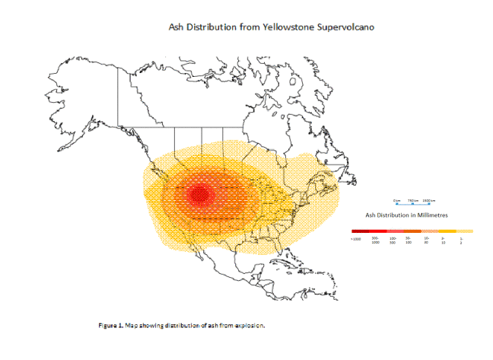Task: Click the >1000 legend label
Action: pos(356,239)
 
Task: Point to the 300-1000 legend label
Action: pos(375,240)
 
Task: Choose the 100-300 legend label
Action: pos(393,240)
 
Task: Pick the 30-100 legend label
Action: pos(409,240)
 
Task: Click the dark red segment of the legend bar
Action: pos(360,231)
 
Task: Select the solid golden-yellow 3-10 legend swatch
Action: pos(447,231)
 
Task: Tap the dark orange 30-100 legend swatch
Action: pos(412,231)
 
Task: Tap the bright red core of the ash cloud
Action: pos(199,194)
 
